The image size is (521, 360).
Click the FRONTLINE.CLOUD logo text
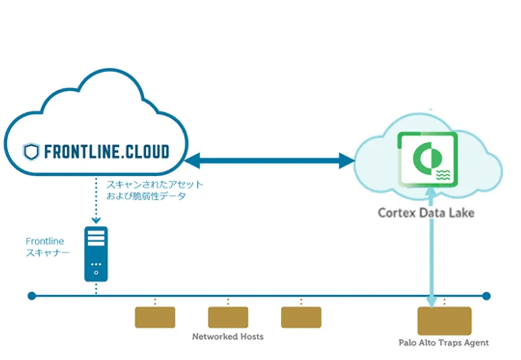(x=105, y=151)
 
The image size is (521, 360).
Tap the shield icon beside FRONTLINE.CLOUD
(x=31, y=151)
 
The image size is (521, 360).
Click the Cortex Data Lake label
(x=426, y=213)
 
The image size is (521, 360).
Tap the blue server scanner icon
(x=96, y=254)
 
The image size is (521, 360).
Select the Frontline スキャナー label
(x=47, y=247)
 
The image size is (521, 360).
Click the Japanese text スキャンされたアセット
(x=154, y=184)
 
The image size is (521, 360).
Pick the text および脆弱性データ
(x=146, y=196)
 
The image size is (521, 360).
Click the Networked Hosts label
(x=228, y=336)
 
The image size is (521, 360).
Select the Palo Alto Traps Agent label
(x=443, y=342)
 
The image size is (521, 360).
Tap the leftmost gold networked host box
(x=155, y=317)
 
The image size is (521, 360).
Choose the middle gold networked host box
(x=228, y=317)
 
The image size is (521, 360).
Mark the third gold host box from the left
(x=301, y=317)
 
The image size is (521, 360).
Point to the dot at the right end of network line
(x=486, y=296)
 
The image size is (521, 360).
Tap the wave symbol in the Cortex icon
(x=443, y=175)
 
